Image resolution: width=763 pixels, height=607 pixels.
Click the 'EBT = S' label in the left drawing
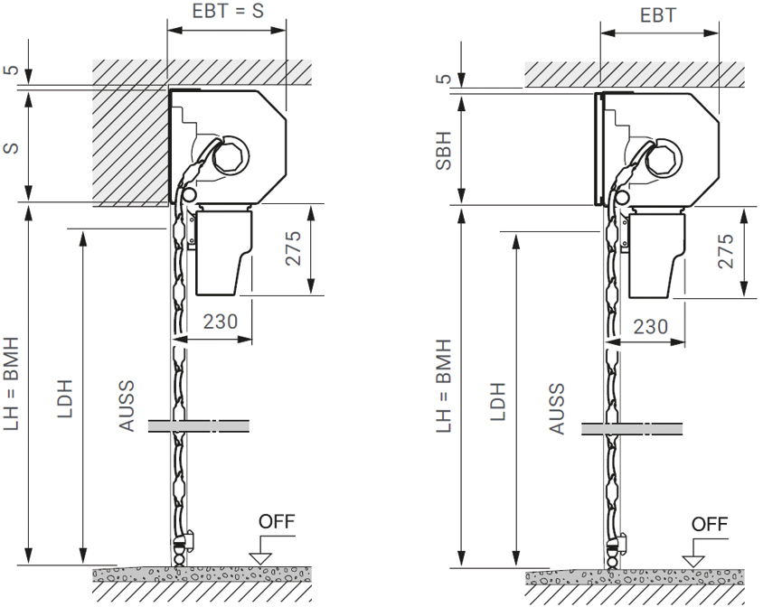(228, 11)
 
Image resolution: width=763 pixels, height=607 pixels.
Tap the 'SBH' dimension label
(444, 150)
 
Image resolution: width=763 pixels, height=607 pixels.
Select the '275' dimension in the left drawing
(293, 248)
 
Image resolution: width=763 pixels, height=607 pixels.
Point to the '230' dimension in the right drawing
(651, 326)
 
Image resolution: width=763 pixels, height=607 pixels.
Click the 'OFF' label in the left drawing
(277, 521)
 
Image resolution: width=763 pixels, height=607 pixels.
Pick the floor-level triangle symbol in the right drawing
(693, 561)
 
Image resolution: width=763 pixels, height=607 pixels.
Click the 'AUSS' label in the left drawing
(127, 406)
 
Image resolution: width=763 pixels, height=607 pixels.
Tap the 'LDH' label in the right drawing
(498, 401)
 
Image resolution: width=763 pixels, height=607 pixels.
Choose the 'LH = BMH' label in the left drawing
(11, 383)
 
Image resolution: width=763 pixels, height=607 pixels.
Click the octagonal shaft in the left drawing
(231, 156)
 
